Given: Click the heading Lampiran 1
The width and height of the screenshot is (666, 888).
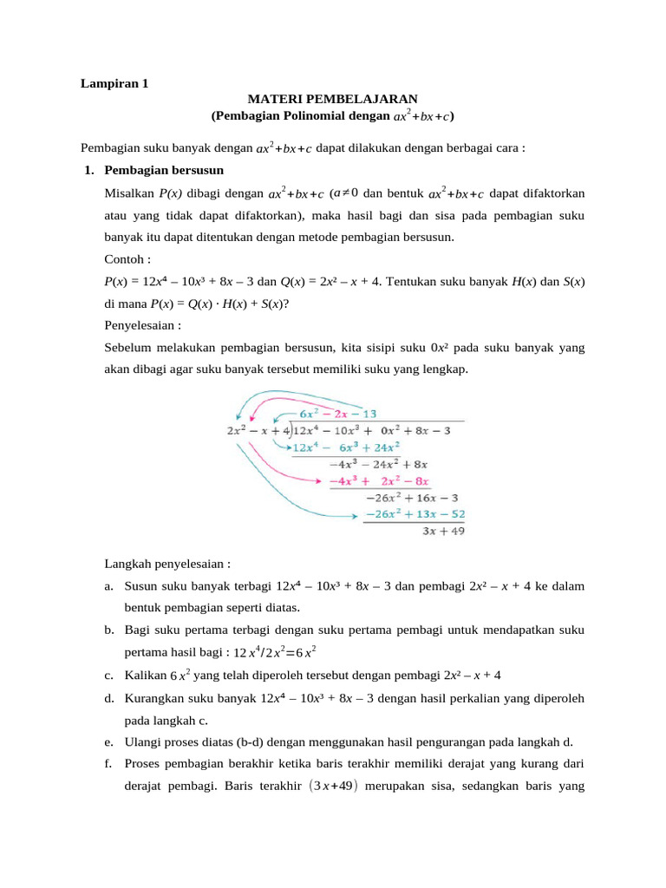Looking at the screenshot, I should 114,84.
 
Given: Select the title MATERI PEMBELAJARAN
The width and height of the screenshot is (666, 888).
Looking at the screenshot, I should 333,100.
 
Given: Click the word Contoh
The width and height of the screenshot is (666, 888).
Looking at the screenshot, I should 127,258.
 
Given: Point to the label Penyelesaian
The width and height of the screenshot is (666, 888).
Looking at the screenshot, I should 141,326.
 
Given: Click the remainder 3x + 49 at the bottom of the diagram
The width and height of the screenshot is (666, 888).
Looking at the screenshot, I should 442,532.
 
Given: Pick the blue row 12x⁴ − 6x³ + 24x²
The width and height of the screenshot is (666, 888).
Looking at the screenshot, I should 345,447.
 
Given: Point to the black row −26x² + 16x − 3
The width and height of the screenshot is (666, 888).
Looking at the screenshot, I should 412,498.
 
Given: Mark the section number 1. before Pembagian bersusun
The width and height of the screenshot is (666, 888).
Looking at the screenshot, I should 89,169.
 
